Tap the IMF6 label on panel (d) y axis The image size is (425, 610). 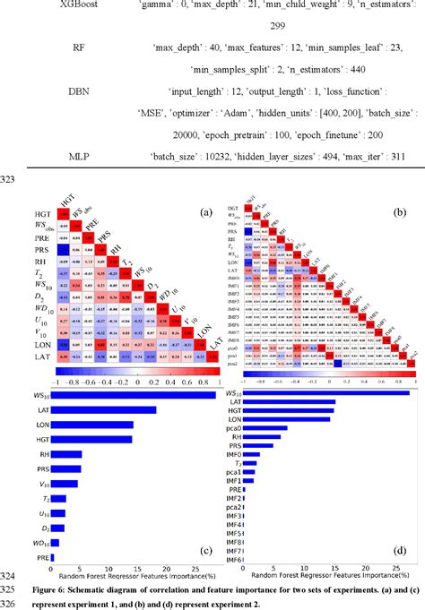pyautogui.click(x=236, y=559)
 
